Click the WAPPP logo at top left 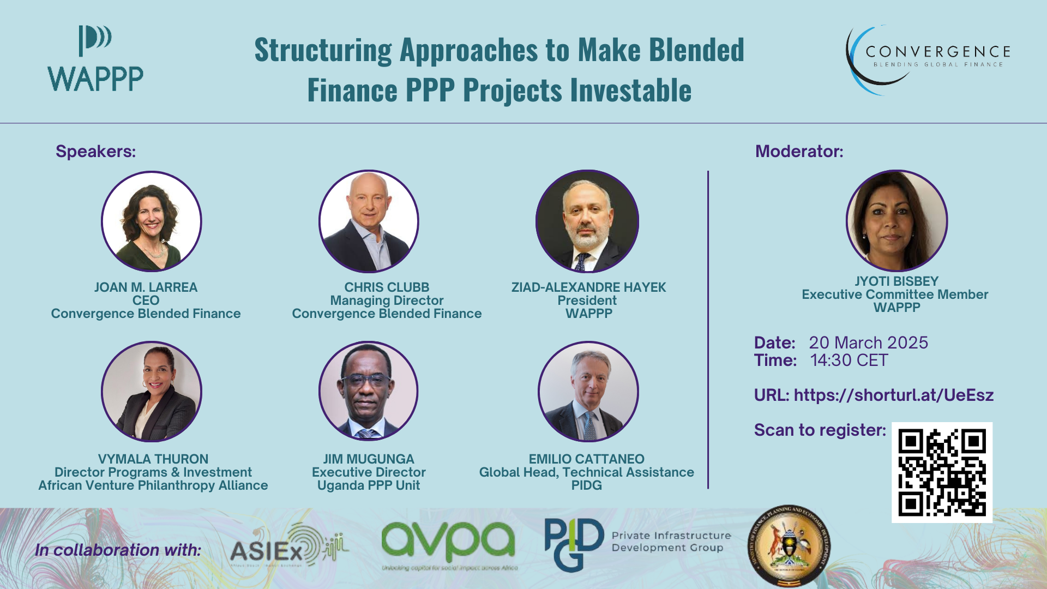(95, 59)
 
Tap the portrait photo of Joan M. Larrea (152, 221)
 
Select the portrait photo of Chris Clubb (369, 221)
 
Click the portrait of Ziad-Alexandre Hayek (587, 221)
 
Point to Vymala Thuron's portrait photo (152, 392)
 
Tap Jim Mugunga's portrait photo (369, 392)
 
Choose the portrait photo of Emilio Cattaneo (588, 392)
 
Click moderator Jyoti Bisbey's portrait (896, 221)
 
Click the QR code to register (942, 472)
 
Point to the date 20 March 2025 (868, 342)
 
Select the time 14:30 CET (849, 360)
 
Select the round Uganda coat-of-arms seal (789, 546)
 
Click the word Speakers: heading (95, 151)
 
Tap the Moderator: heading (799, 151)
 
